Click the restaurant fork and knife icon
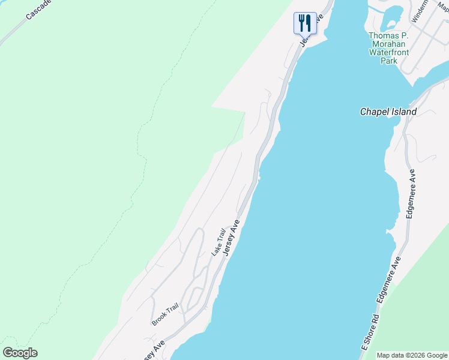click(305, 23)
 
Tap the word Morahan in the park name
click(388, 44)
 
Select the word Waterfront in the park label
click(388, 52)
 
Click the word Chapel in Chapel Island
click(374, 112)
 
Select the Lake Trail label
click(218, 242)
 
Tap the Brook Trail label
click(165, 314)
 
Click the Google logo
click(20, 353)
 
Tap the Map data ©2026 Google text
click(412, 355)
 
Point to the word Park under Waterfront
click(389, 61)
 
